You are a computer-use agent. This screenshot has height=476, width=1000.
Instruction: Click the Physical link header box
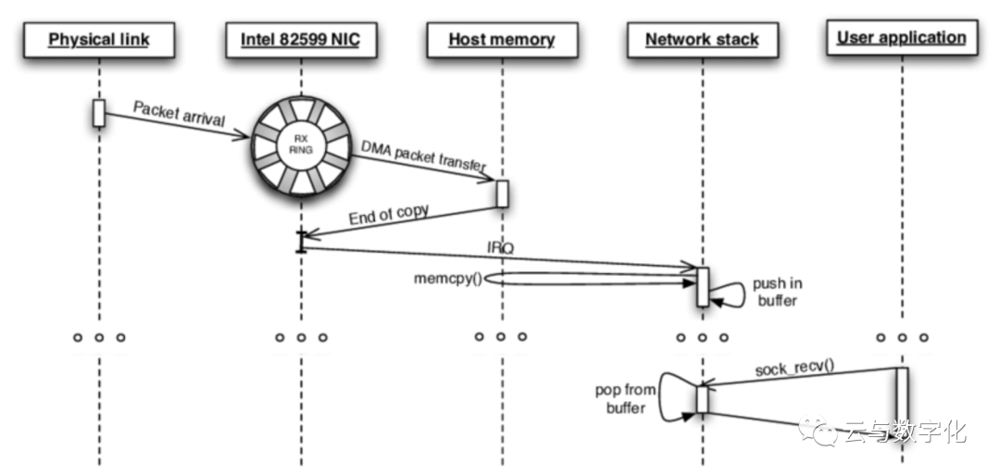(x=99, y=40)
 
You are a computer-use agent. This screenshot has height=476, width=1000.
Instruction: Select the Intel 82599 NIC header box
(x=300, y=40)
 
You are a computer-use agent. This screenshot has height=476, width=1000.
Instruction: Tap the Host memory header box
(x=502, y=40)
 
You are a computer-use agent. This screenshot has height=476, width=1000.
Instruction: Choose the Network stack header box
(x=702, y=40)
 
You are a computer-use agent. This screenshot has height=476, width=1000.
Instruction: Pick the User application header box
(x=902, y=38)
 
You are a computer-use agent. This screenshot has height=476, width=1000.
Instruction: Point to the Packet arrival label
(x=179, y=114)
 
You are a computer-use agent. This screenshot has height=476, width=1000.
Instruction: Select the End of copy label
(x=388, y=215)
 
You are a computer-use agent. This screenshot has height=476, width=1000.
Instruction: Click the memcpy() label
(x=448, y=279)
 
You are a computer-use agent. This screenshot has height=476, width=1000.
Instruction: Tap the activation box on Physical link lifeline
(x=99, y=113)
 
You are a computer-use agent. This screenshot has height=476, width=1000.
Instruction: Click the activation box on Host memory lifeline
(x=502, y=194)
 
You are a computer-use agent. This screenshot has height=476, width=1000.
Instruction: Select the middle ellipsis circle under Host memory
(x=501, y=336)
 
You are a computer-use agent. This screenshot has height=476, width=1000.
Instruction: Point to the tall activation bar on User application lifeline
(x=902, y=406)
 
